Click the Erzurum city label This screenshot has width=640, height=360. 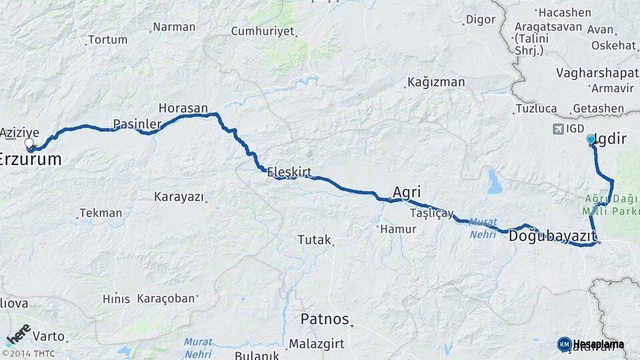(31, 160)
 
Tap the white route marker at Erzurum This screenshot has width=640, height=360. (29, 143)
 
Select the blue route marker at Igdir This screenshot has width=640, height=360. (591, 139)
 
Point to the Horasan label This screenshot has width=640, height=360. (183, 108)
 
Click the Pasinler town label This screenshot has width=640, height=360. (137, 124)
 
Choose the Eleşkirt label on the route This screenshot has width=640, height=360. (289, 172)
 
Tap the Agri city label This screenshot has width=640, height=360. (406, 191)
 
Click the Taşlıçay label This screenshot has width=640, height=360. (431, 214)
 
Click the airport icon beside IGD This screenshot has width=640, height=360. (557, 129)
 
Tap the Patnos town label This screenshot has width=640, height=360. (325, 319)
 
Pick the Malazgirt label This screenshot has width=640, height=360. (316, 345)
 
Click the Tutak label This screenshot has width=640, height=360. (314, 239)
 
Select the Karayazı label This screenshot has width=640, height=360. (178, 197)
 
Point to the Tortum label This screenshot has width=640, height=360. (107, 39)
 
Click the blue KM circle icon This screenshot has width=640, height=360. (564, 344)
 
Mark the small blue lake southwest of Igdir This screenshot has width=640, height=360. (494, 181)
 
